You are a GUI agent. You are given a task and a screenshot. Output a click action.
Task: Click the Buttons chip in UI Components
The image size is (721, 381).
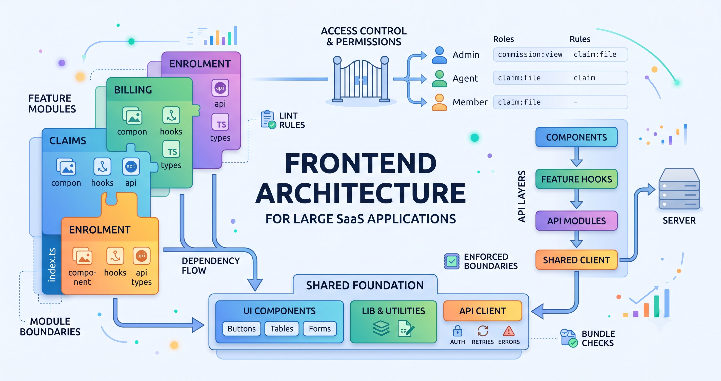(242, 329)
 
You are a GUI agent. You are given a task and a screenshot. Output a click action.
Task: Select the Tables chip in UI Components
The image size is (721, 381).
(282, 329)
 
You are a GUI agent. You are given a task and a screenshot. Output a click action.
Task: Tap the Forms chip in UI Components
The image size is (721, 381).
(320, 329)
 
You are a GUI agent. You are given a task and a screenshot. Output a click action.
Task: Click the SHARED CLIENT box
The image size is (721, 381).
(576, 260)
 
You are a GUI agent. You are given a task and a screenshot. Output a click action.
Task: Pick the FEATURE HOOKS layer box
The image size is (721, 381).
(576, 179)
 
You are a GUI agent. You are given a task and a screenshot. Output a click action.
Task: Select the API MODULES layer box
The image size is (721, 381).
(576, 221)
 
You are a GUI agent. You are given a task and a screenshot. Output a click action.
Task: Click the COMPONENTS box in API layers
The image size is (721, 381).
(576, 137)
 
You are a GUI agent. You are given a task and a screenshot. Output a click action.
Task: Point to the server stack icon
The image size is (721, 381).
(679, 189)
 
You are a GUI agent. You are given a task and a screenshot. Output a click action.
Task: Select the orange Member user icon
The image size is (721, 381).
(439, 102)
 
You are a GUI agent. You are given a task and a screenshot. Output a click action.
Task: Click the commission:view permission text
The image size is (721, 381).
(530, 54)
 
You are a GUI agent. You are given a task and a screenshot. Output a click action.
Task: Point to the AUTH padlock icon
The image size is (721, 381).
(457, 331)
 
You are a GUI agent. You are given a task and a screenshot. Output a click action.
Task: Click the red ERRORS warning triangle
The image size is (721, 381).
(509, 331)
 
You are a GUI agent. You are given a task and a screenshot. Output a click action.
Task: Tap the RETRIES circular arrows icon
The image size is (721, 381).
(483, 331)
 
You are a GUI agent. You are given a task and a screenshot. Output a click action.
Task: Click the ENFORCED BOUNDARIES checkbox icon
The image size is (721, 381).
(452, 261)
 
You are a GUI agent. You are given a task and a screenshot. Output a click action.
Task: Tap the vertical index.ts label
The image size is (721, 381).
(52, 265)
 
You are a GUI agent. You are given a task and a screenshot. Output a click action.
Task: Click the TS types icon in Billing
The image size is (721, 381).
(171, 149)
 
